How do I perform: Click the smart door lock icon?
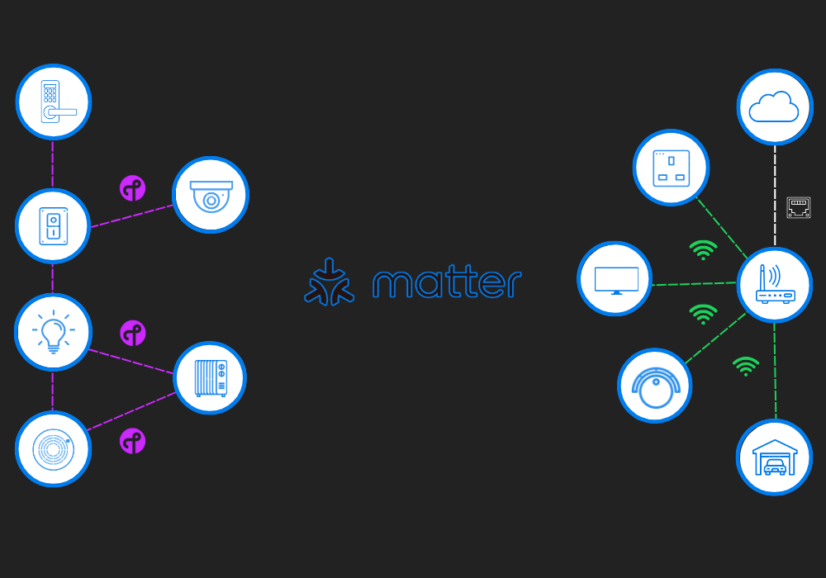(54, 102)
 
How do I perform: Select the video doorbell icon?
(53, 225)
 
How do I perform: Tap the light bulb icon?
(53, 332)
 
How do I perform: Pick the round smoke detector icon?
(53, 448)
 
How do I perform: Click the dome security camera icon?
(211, 195)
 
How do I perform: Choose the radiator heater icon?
(210, 377)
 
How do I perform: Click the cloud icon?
(774, 107)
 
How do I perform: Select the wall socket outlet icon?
(671, 167)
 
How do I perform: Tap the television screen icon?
(615, 279)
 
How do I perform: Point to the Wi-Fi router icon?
(774, 285)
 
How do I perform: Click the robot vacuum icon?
(655, 386)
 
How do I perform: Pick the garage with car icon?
(774, 457)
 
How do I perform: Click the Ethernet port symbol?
(799, 208)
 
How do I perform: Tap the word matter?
(446, 282)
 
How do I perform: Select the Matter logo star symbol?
(329, 282)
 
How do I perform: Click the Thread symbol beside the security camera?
(132, 188)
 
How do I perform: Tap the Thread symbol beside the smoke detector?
(132, 441)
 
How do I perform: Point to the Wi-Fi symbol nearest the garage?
(745, 365)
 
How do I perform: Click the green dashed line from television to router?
(694, 284)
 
